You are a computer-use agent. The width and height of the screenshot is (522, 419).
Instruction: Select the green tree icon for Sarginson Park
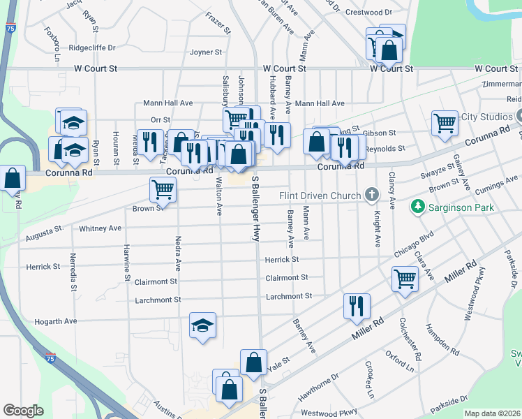coord(417,207)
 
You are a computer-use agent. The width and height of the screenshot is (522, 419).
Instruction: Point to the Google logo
coord(23,411)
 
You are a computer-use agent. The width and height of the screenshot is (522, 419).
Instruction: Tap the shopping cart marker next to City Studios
coord(445,123)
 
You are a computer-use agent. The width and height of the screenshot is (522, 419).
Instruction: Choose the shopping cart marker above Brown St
coord(163,188)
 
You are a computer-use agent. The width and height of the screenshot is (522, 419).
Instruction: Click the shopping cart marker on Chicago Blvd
coord(405,279)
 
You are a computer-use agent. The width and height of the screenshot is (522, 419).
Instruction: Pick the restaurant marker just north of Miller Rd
coord(357,305)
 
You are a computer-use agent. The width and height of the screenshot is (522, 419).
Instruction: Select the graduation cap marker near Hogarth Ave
coord(202,325)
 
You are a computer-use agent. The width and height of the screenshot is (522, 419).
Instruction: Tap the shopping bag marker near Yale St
coord(253,362)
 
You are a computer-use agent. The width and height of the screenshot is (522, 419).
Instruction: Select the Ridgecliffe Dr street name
coord(91,48)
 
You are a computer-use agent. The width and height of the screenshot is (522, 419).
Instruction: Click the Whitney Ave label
coord(100,228)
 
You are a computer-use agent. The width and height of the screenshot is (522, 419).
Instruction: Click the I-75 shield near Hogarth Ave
coord(50,358)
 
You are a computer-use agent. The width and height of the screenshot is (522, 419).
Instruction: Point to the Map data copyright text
coord(493,413)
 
